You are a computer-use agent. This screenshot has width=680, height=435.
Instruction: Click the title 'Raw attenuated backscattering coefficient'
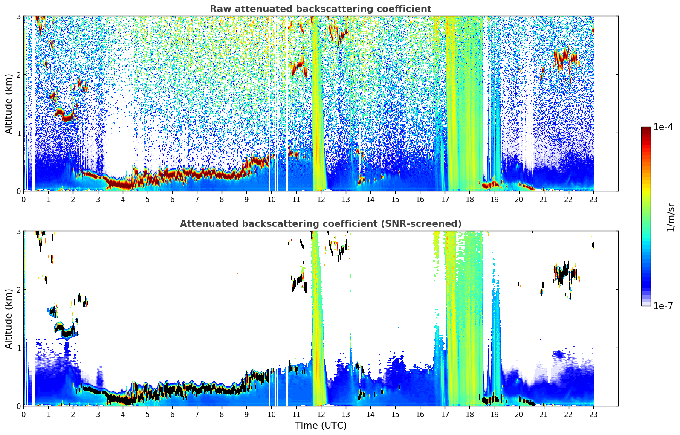[320, 9]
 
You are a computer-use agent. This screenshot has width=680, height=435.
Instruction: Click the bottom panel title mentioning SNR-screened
[320, 224]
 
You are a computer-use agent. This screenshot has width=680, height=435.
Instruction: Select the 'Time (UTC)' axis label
[321, 426]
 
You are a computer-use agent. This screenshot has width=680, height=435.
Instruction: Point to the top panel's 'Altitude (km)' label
[9, 104]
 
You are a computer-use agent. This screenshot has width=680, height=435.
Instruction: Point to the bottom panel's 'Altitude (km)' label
[9, 319]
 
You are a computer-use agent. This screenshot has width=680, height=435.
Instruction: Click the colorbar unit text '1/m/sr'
[671, 217]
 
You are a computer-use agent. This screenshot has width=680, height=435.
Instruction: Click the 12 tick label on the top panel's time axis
[321, 199]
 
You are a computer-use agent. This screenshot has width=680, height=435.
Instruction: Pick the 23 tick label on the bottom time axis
[593, 414]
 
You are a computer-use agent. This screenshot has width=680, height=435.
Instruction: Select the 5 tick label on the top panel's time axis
[148, 199]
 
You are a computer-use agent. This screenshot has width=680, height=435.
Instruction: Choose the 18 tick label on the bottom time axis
[469, 414]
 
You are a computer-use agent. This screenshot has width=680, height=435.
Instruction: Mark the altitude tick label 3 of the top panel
[19, 16]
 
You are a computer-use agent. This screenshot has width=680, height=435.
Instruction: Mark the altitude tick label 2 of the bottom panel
[19, 290]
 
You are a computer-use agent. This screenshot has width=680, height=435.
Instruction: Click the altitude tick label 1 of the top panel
[19, 133]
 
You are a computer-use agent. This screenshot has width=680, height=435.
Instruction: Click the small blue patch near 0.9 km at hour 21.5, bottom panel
[558, 354]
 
